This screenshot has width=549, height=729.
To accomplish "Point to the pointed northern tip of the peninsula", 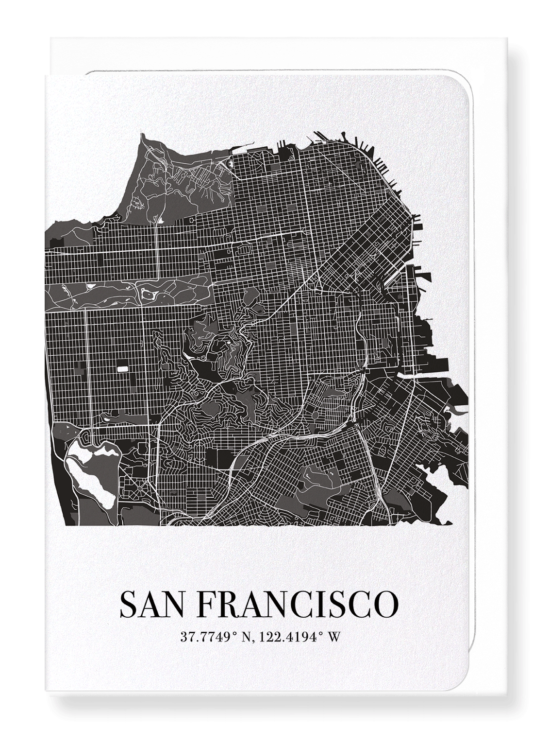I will [141, 135].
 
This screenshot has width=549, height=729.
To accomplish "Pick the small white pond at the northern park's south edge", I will [160, 220].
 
